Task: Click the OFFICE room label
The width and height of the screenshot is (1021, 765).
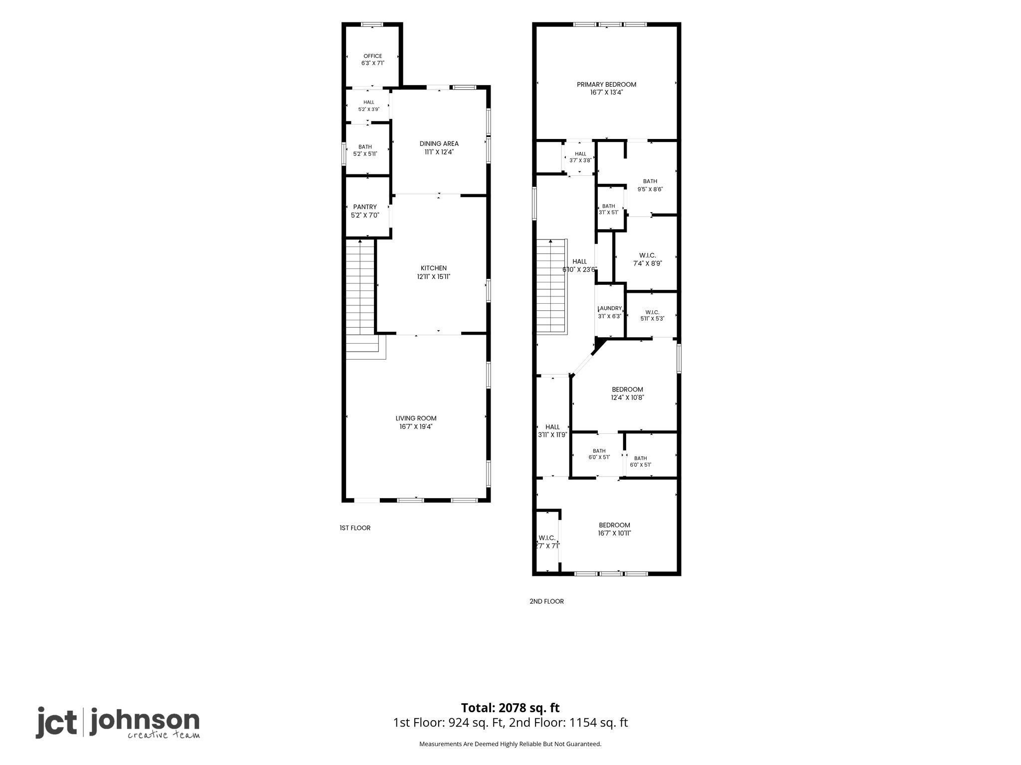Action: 373,56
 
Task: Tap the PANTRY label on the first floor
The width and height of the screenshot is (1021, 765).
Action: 365,207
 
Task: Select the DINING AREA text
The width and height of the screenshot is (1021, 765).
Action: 439,144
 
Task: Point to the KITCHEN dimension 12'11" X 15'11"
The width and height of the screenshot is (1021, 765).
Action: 434,276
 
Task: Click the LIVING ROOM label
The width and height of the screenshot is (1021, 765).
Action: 416,418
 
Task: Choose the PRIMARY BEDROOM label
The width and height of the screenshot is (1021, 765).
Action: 607,85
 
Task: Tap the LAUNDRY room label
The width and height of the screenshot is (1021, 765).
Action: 610,308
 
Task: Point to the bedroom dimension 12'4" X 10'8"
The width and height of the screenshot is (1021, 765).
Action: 628,397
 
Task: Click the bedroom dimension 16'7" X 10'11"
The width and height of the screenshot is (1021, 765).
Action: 615,533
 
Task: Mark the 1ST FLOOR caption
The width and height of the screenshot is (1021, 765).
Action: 355,528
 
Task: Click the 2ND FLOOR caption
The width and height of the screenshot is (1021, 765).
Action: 546,601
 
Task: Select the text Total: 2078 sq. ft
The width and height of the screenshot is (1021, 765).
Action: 510,708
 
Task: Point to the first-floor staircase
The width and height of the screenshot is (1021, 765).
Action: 363,299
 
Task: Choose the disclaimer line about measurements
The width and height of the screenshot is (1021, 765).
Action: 510,744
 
